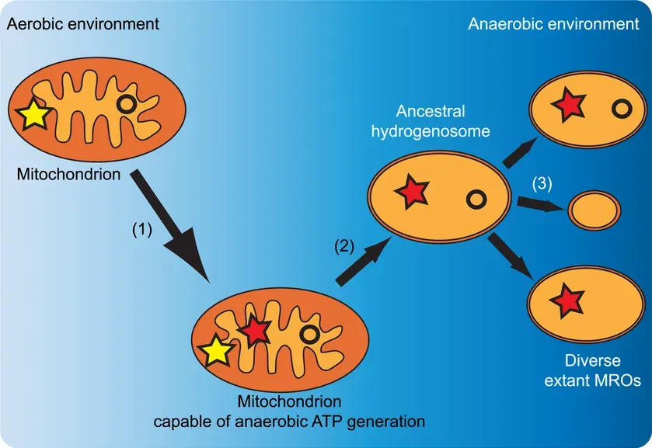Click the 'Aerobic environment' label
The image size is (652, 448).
pyautogui.click(x=82, y=23)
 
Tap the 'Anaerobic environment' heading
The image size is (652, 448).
pyautogui.click(x=553, y=23)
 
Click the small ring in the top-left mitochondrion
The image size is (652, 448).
pyautogui.click(x=127, y=104)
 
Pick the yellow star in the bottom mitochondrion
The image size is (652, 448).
pyautogui.click(x=215, y=351)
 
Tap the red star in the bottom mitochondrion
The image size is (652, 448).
pyautogui.click(x=253, y=332)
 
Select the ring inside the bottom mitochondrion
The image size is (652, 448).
pyautogui.click(x=309, y=335)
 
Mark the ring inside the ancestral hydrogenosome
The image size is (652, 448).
pyautogui.click(x=476, y=200)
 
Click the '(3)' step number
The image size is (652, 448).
pyautogui.click(x=542, y=185)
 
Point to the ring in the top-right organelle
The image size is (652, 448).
pyautogui.click(x=620, y=109)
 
